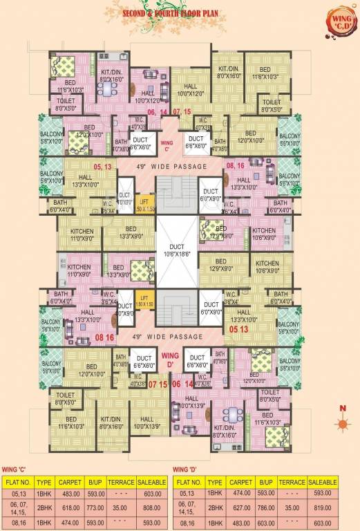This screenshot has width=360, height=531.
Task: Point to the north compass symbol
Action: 341,425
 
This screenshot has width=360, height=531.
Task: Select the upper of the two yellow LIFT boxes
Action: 144,206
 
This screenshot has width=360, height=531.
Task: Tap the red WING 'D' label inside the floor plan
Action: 168,358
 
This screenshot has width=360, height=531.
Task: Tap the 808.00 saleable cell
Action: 153,505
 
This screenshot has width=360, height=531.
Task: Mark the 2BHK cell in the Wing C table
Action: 45,505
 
